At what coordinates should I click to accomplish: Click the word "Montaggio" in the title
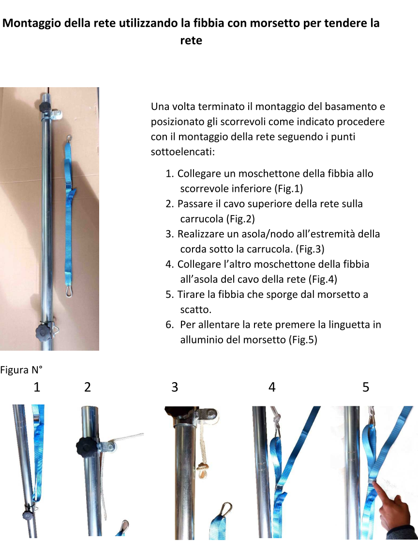click(x=32, y=23)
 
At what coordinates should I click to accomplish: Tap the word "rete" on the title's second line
click(x=191, y=40)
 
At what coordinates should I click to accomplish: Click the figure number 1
click(x=37, y=387)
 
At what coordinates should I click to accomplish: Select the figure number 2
click(x=88, y=387)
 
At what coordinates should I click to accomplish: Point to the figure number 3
click(x=175, y=387)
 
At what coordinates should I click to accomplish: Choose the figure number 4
click(x=272, y=387)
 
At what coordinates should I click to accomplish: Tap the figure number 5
click(x=366, y=387)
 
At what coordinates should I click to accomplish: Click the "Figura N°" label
click(x=21, y=370)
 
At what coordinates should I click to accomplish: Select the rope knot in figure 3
click(x=203, y=469)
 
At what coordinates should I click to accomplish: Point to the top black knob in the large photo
click(x=45, y=106)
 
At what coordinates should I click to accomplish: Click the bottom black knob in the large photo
click(x=43, y=332)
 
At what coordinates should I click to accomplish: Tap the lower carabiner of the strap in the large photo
click(x=70, y=290)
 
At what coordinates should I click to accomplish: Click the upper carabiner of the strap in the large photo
click(x=69, y=139)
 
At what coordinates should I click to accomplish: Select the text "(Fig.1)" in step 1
click(x=289, y=188)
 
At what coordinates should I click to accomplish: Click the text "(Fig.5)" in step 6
click(x=303, y=340)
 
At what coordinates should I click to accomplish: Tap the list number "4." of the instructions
click(x=170, y=264)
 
